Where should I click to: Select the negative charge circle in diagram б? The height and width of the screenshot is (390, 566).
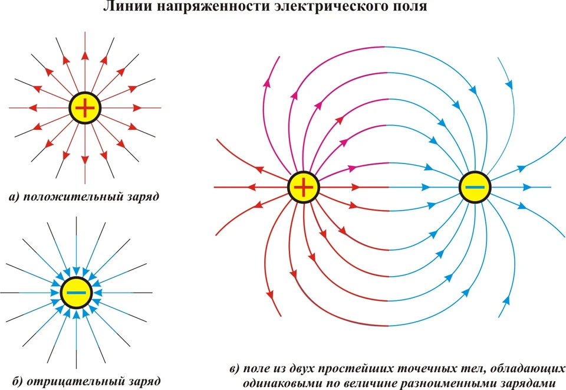(77, 293)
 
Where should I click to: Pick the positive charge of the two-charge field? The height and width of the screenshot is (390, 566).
(303, 187)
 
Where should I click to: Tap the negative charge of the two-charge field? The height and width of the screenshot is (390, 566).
(475, 187)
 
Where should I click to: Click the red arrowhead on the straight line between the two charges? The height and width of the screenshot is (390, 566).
(356, 187)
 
